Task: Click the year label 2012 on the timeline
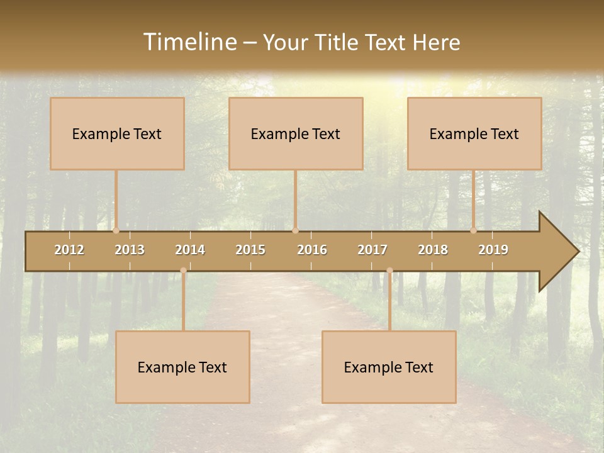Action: pos(69,250)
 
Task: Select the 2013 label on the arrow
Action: pos(130,250)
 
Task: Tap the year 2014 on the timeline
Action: pos(190,250)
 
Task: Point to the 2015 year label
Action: pos(250,250)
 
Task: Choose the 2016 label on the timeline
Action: pos(312,250)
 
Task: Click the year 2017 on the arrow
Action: pos(372,250)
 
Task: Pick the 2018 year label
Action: pos(433,250)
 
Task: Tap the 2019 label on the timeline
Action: pos(493,250)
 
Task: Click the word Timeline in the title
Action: pos(189,42)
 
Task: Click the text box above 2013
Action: pos(117,133)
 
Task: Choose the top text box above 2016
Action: pos(296,133)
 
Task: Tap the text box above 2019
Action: pos(474,133)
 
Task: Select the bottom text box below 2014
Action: pos(182,367)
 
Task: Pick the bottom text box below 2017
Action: pos(389,367)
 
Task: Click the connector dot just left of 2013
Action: pos(116,230)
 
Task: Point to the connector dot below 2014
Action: pos(183,271)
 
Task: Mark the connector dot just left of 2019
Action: pos(474,230)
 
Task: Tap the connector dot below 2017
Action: pos(389,271)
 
